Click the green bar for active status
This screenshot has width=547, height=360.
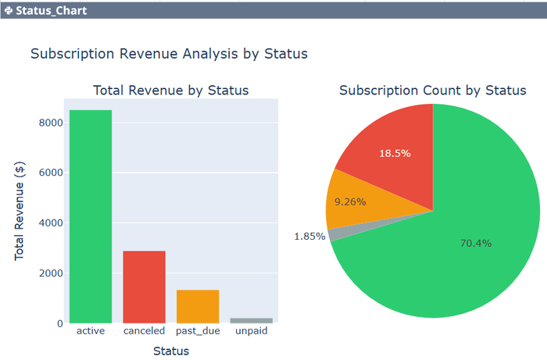tap(91, 216)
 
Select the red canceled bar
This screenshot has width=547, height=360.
tap(144, 287)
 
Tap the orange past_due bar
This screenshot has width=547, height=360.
tap(198, 306)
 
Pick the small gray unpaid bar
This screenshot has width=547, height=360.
tap(251, 320)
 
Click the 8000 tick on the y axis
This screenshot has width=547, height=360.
tap(51, 123)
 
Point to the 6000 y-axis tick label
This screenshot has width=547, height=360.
tap(51, 173)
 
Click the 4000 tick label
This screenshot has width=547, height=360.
tap(51, 223)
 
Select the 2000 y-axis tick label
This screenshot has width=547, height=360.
tap(51, 273)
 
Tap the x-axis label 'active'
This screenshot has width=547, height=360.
tap(91, 331)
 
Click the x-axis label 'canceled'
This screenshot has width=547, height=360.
tap(144, 331)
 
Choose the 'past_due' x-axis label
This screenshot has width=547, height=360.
tap(198, 331)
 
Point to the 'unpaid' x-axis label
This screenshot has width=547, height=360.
tap(251, 331)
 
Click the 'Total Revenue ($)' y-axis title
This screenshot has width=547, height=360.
tap(20, 212)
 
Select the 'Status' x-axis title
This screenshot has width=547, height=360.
tap(170, 351)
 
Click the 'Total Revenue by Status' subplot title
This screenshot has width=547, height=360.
tap(170, 91)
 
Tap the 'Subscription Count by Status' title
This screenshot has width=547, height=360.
tap(432, 91)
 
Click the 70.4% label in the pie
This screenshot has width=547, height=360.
tap(476, 243)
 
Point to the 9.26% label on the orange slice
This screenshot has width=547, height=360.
tap(349, 201)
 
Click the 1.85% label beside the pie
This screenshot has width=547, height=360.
tap(310, 237)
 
